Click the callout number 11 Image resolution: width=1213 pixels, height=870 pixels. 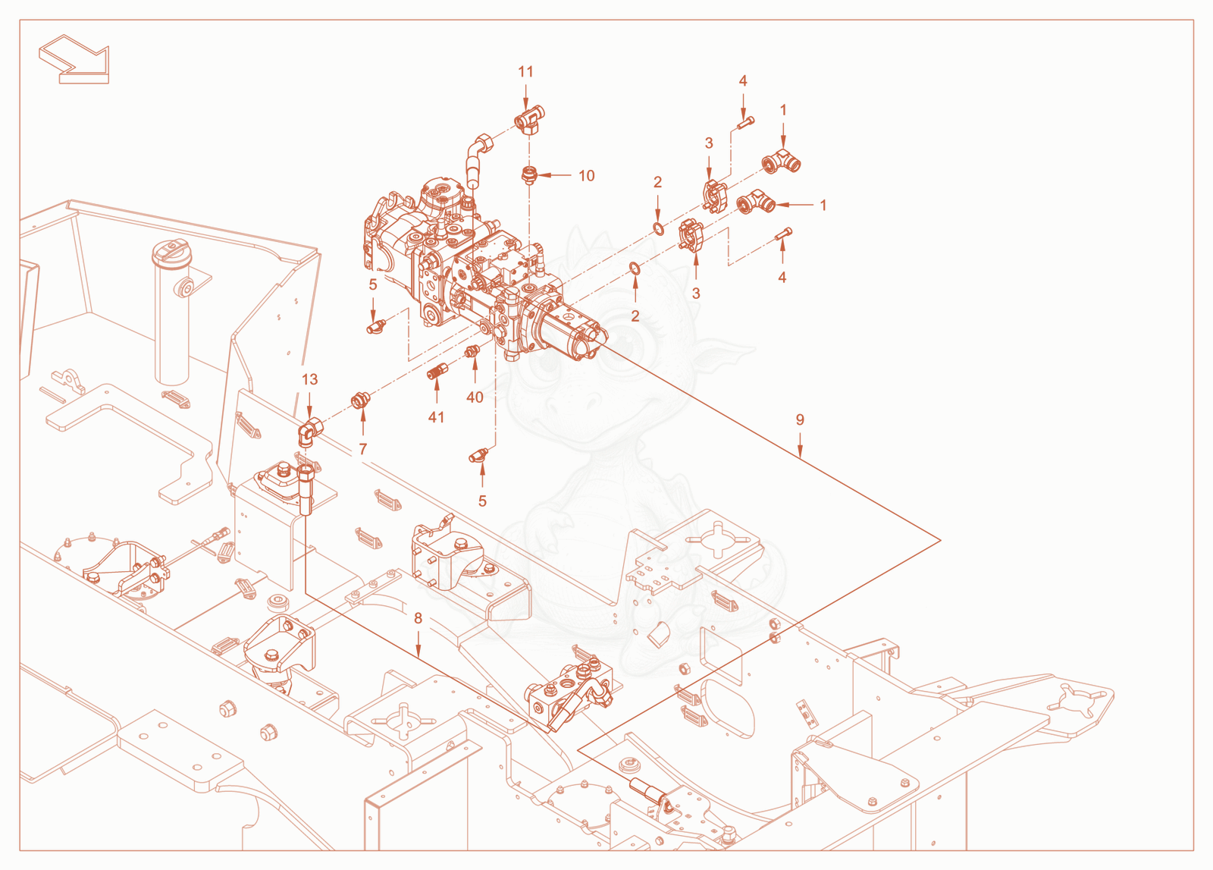[x=525, y=71]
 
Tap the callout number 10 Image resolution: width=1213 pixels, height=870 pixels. [x=587, y=175]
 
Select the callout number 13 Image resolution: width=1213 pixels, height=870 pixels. [x=310, y=379]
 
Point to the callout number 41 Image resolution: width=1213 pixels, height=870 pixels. [x=436, y=417]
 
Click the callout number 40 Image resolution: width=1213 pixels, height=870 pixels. [x=475, y=397]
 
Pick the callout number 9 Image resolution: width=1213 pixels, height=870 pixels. [x=800, y=419]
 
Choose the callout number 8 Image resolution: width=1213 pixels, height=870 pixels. [x=418, y=618]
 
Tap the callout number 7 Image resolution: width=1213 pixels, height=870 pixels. [x=363, y=449]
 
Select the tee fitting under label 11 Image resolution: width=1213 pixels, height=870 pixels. [x=529, y=120]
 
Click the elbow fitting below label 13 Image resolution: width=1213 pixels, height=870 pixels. [x=309, y=432]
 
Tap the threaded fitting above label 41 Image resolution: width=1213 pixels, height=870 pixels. [x=437, y=372]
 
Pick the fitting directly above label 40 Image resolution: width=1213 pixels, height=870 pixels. [x=473, y=351]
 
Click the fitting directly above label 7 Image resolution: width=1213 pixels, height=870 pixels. [x=359, y=401]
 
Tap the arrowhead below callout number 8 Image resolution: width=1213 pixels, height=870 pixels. [x=418, y=652]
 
